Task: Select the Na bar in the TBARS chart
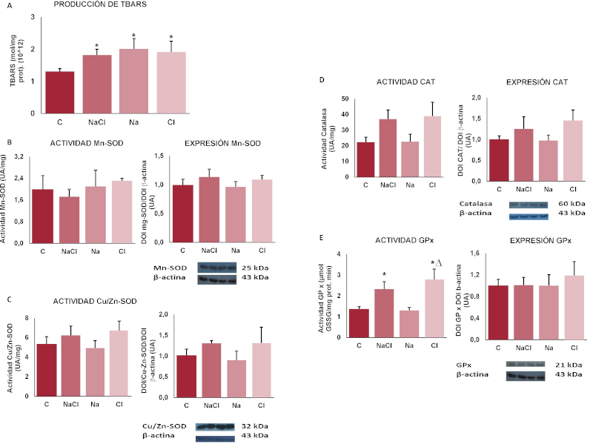point(133,82)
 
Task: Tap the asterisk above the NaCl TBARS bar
point(97,47)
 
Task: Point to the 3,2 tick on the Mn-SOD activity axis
point(30,156)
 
